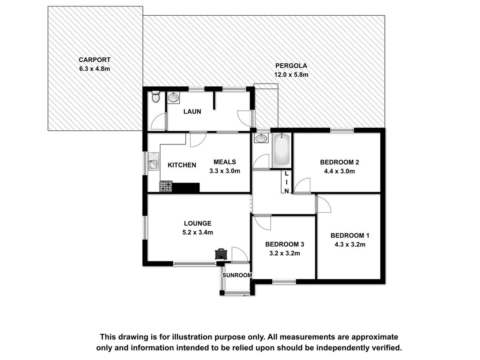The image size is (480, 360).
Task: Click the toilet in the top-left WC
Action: tap(156, 97)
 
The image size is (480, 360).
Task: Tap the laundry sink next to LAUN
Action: tap(174, 97)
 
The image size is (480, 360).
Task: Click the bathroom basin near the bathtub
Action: tap(261, 138)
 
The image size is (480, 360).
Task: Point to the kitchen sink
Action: tap(153, 161)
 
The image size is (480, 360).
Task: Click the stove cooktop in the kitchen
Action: tap(166, 186)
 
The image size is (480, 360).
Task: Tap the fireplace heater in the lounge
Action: tap(221, 254)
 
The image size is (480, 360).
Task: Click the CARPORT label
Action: tap(94, 60)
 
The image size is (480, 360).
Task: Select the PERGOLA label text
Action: tap(291, 66)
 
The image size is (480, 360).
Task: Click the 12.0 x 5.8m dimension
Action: tap(291, 75)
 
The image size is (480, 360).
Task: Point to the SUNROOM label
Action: tap(237, 275)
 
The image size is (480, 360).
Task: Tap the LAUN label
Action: tap(192, 112)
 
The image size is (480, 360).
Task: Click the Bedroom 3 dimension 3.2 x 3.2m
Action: tap(284, 253)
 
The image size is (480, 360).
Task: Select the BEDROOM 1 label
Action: tap(350, 236)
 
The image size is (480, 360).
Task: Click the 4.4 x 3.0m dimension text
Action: tap(339, 171)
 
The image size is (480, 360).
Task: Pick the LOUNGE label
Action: tap(198, 223)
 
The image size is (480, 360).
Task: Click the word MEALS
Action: tap(225, 162)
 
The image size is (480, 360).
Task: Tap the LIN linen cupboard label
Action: tap(286, 182)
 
